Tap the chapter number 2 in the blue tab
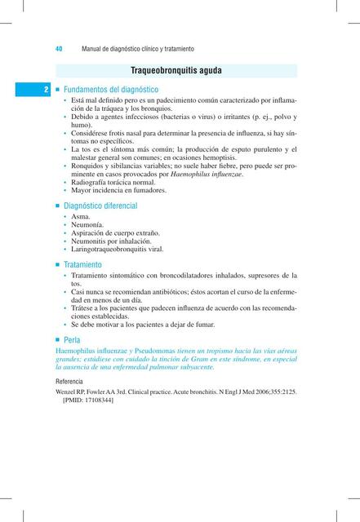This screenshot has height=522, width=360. [x=47, y=89]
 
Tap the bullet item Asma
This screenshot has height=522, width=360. [x=81, y=218]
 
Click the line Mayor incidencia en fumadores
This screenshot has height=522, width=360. [x=118, y=191]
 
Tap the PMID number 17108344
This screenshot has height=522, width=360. [x=96, y=401]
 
